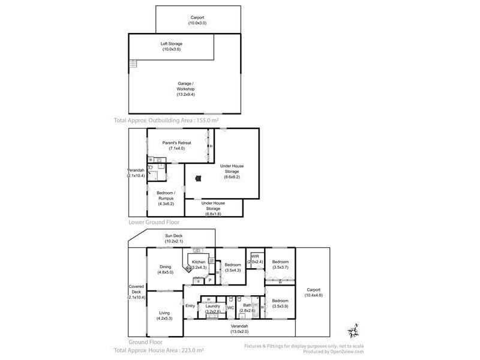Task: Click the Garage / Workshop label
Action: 185,89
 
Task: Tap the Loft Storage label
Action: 171,47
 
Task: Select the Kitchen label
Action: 199,265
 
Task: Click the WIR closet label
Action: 254,259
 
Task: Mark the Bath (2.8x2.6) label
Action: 247,308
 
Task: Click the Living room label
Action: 164,316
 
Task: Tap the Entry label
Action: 190,306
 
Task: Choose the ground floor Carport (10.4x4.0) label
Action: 313,292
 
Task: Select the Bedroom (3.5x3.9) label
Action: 280,304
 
